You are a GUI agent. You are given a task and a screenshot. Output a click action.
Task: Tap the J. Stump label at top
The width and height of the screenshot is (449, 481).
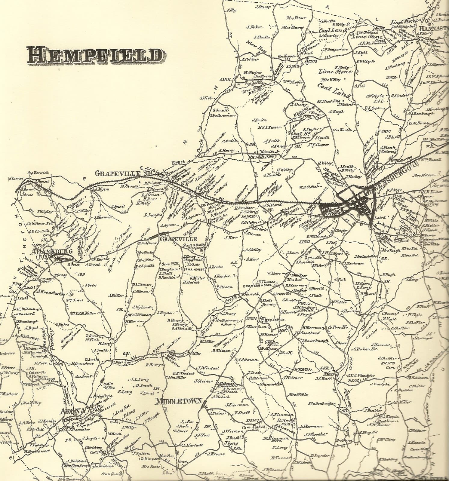tap(263, 7)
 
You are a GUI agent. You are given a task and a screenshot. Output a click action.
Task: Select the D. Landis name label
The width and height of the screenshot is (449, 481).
tap(151, 215)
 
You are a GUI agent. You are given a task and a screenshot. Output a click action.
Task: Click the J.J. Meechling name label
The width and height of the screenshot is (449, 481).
tap(328, 101)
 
